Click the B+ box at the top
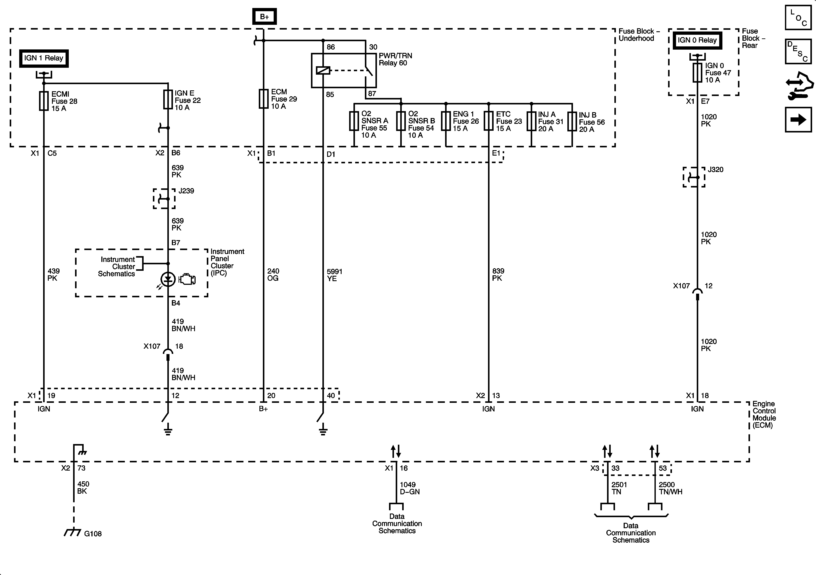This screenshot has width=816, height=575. (264, 17)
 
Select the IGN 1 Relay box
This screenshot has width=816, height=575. (44, 58)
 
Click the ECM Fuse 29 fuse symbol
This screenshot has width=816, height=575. (263, 99)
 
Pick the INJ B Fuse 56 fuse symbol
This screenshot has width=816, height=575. (572, 122)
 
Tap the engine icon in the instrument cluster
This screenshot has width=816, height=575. (187, 279)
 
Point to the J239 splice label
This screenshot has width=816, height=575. (186, 191)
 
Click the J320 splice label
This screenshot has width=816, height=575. (716, 170)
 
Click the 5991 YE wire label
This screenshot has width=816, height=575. (334, 275)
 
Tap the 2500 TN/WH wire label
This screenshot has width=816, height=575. (670, 488)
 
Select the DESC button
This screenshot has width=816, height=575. (798, 52)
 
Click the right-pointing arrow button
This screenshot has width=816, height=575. (798, 120)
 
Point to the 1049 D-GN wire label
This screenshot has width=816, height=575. (410, 488)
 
